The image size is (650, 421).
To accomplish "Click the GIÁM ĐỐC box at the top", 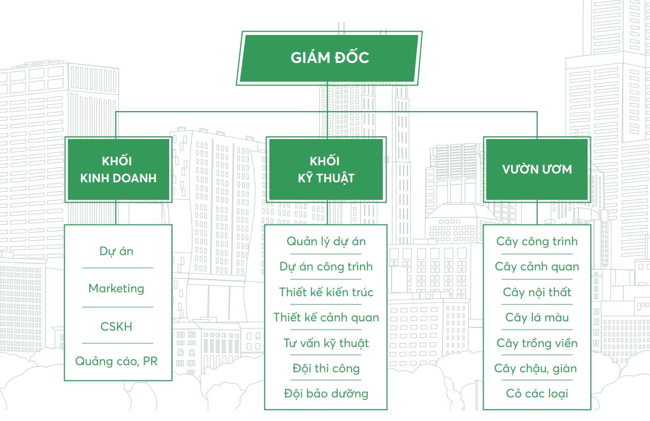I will click(x=330, y=58).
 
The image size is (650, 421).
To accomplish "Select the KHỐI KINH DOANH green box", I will click(x=118, y=170).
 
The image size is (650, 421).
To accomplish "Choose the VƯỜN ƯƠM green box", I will click(x=537, y=169).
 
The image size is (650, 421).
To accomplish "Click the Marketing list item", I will click(x=117, y=289).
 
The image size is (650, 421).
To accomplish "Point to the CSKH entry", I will click(x=117, y=326).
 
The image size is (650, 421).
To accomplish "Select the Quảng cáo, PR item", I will click(x=117, y=361).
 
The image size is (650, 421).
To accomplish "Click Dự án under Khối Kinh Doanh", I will click(x=117, y=251).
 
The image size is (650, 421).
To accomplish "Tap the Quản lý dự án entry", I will click(x=326, y=241).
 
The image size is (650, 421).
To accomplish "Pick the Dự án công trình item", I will click(x=326, y=267).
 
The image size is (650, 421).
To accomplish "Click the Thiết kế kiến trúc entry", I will click(x=326, y=292).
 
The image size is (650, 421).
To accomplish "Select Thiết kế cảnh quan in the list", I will click(x=326, y=318).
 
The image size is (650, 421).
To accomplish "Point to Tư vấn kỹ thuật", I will click(x=326, y=343).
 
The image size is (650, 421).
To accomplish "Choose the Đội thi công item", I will click(x=326, y=368).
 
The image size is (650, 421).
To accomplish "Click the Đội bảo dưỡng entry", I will click(x=326, y=394).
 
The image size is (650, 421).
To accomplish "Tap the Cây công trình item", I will click(x=537, y=241).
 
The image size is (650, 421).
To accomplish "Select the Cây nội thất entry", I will click(x=537, y=292).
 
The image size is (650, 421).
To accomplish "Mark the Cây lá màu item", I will click(x=537, y=318).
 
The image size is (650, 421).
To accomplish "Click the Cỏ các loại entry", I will click(x=537, y=394).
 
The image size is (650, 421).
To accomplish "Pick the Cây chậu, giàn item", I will click(x=537, y=368).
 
